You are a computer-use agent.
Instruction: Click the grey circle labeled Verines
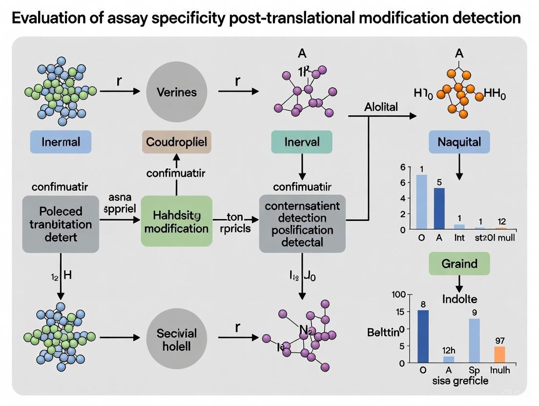pyautogui.click(x=177, y=91)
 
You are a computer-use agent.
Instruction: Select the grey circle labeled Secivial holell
pyautogui.click(x=177, y=340)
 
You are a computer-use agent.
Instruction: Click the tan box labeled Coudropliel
pyautogui.click(x=177, y=142)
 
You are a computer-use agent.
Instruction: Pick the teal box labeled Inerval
pyautogui.click(x=302, y=142)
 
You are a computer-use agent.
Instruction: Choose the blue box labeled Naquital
pyautogui.click(x=459, y=142)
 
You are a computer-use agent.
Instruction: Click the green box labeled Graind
pyautogui.click(x=459, y=264)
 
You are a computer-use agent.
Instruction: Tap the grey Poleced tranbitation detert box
pyautogui.click(x=54, y=224)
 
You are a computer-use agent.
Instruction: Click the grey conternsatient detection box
pyautogui.click(x=302, y=224)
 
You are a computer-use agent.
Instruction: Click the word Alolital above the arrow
pyautogui.click(x=381, y=107)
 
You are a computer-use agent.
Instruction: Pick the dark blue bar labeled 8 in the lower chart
pyautogui.click(x=423, y=336)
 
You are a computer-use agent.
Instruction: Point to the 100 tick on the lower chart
pyautogui.click(x=399, y=295)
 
